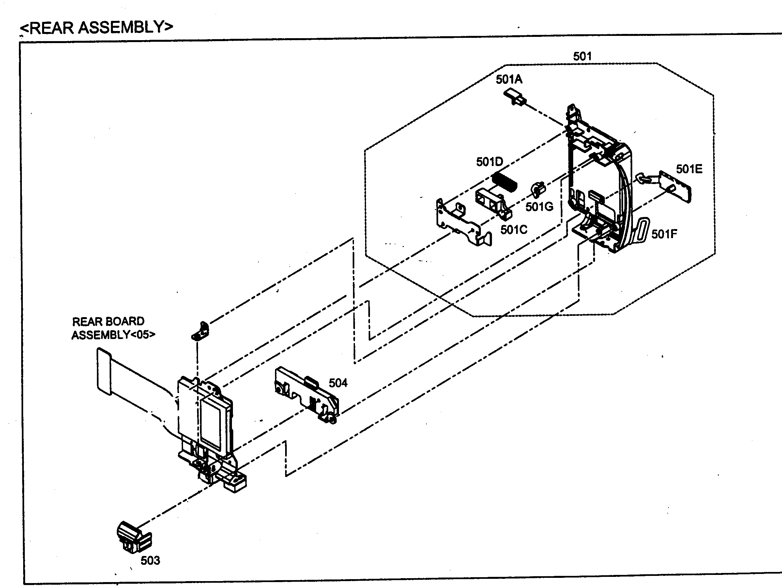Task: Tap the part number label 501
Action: coord(582,56)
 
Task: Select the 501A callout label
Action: coord(509,80)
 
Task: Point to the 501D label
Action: coord(489,162)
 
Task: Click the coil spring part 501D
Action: coord(505,182)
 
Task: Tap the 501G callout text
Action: coord(539,207)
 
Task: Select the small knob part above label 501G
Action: coord(538,189)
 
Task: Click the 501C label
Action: coord(514,230)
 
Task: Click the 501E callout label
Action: coord(689,169)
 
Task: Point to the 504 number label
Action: coord(338,383)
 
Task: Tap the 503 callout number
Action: coord(150,560)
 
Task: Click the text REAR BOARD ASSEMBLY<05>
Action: coord(113,328)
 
